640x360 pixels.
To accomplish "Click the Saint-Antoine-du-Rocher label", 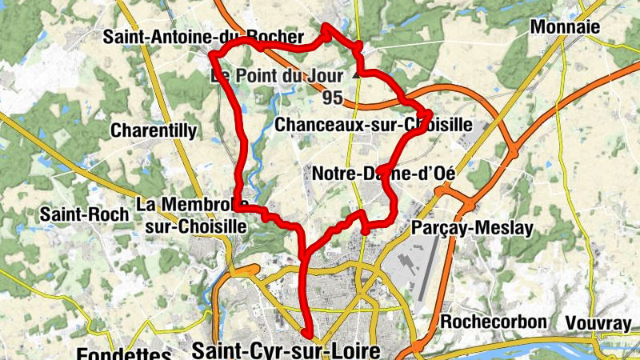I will click(203, 37).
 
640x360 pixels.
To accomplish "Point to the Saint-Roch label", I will click(79, 214).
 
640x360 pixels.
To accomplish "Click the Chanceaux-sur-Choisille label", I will click(373, 125).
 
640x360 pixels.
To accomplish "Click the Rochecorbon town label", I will click(494, 322).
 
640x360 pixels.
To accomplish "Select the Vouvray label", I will click(598, 322).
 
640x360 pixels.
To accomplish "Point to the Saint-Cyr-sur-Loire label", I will click(294, 349).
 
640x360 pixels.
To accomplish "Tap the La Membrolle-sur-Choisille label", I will click(192, 215).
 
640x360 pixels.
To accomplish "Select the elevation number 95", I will click(333, 98).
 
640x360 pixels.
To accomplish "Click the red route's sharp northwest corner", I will click(213, 54).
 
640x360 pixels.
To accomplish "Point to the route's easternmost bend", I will click(429, 113).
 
